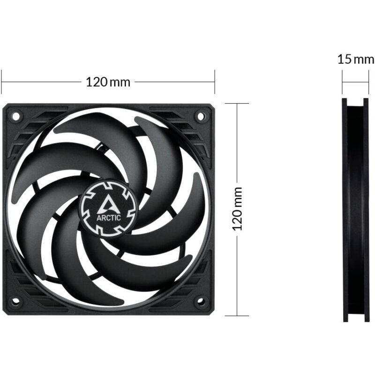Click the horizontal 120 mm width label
(x=108, y=82)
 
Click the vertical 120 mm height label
(x=238, y=209)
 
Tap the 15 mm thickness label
(x=356, y=60)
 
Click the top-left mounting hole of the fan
(x=15, y=115)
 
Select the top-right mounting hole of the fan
(x=201, y=115)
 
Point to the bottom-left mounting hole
(x=15, y=300)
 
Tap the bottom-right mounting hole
(x=201, y=300)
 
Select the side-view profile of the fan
(x=356, y=210)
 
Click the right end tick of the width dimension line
(x=215, y=82)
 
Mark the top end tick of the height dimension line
(x=237, y=104)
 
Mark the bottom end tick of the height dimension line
(x=237, y=315)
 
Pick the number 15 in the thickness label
(x=344, y=60)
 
